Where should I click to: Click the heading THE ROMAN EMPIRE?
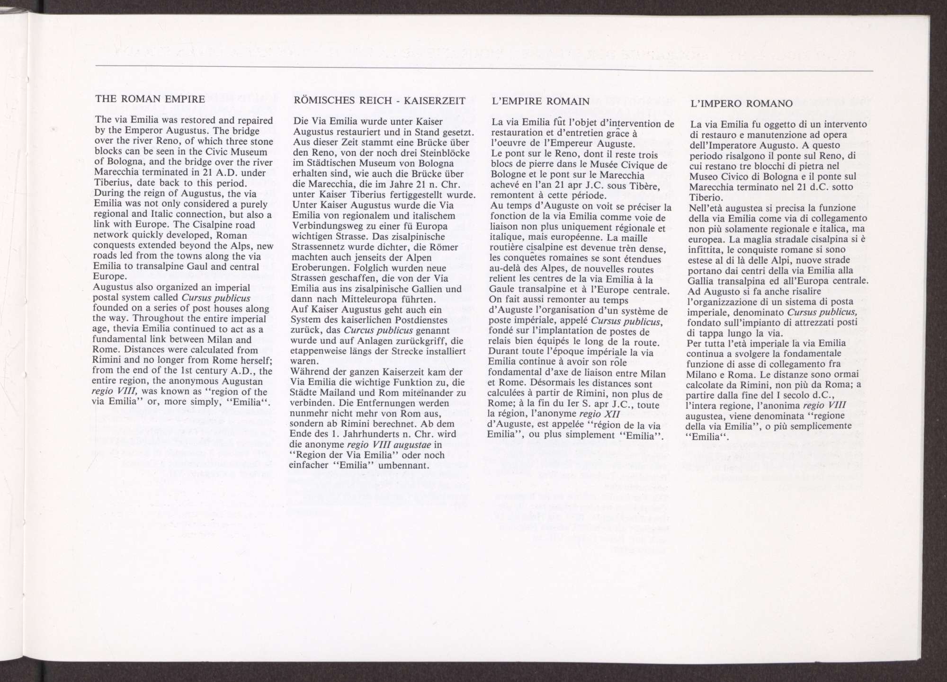[150, 99]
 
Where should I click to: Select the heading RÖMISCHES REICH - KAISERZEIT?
[379, 100]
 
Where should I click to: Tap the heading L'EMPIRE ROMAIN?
[541, 101]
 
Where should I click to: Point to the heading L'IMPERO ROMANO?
[742, 104]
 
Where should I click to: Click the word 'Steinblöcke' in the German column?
[446, 153]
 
